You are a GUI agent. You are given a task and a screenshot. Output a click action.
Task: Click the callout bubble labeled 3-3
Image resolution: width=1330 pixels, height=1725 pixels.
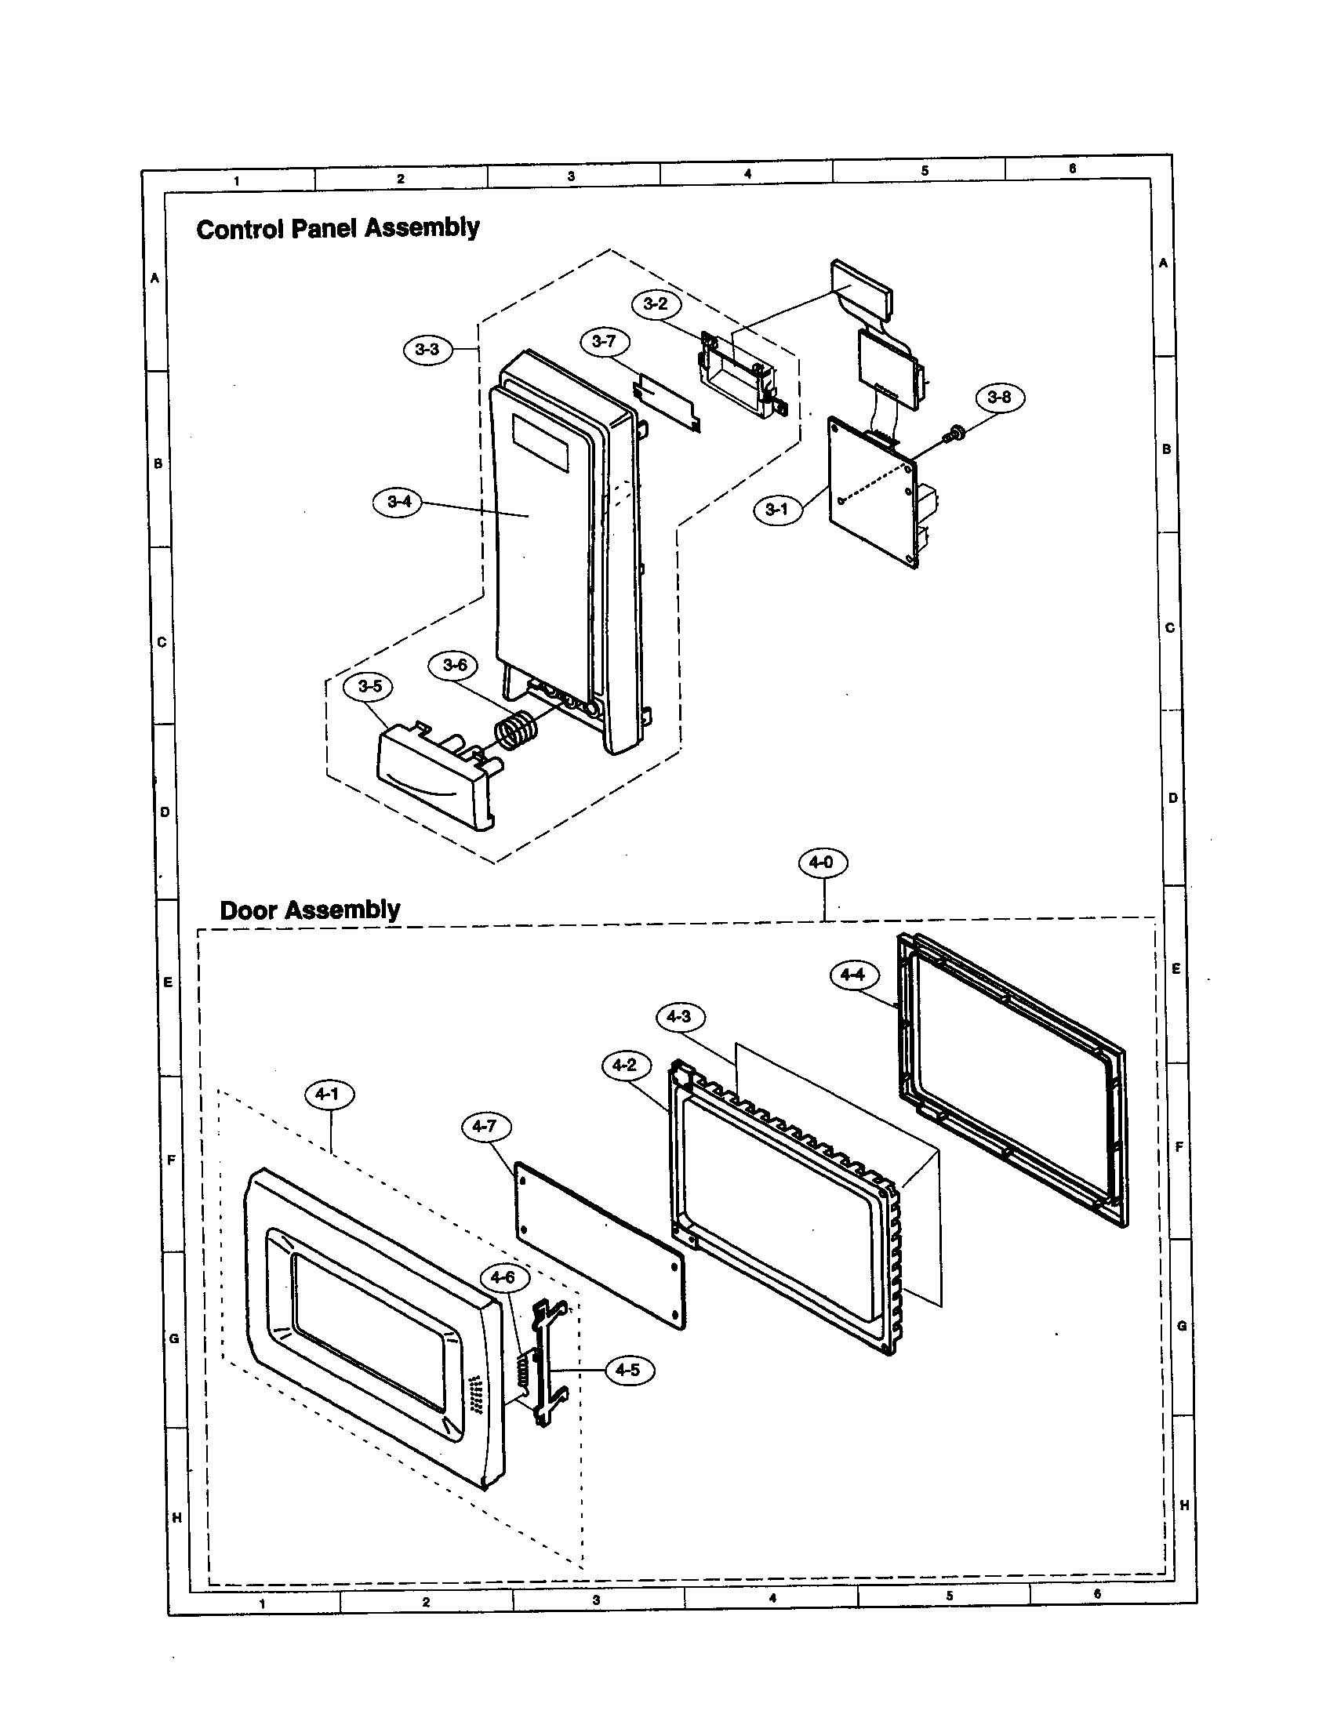[427, 349]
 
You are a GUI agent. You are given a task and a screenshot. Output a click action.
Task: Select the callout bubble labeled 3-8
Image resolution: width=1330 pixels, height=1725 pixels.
[999, 397]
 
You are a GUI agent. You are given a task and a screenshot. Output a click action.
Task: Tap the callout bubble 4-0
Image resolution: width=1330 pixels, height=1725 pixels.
[822, 862]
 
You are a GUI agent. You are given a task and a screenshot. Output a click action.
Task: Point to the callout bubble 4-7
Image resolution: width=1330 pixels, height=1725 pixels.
[485, 1126]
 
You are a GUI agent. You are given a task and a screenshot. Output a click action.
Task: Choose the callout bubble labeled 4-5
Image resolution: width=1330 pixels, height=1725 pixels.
[628, 1371]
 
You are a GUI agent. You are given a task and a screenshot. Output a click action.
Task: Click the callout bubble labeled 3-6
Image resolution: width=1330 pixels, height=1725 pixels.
[455, 665]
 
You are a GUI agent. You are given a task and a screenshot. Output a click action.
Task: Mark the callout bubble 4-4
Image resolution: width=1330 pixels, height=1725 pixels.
[853, 975]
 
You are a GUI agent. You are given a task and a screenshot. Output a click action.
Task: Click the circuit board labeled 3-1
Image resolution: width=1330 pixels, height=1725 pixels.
[873, 494]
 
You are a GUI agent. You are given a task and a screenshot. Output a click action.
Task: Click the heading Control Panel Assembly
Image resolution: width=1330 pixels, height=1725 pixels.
[338, 229]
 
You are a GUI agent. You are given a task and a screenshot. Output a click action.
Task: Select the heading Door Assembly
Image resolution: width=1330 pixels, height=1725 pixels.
[310, 910]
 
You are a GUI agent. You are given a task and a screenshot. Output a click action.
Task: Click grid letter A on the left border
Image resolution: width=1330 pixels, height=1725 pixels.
[155, 278]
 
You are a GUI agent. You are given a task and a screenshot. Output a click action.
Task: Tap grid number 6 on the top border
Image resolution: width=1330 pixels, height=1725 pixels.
[1072, 169]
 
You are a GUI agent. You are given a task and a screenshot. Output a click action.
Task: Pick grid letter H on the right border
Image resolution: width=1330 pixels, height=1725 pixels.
[1184, 1505]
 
